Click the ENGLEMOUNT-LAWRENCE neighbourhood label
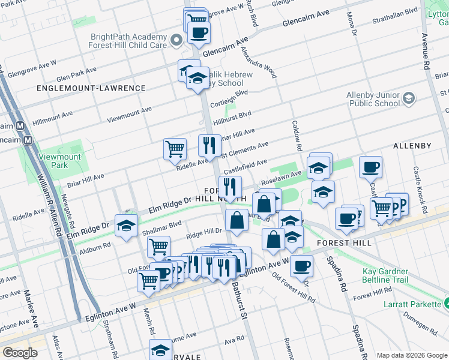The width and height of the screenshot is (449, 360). coord(91,88)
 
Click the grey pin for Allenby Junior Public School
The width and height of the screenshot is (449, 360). coord(408,98)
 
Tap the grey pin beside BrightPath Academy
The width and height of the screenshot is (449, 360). coord(176,40)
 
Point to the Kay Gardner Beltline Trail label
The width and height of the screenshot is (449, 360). coord(402,275)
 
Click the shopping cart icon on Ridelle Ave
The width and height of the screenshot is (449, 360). coord(175,148)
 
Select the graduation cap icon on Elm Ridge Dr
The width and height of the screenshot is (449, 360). coord(126,225)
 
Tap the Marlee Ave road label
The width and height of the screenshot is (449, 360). coord(28,308)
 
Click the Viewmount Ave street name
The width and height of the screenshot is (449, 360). coord(129,115)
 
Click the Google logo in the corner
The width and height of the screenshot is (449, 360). coord(20,353)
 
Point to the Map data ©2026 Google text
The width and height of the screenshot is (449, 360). coord(411,355)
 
